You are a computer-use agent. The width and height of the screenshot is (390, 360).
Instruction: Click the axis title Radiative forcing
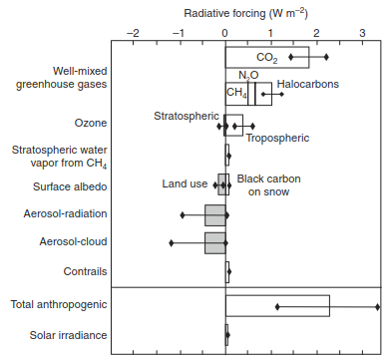point(224,13)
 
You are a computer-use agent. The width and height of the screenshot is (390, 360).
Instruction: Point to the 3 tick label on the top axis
point(362,33)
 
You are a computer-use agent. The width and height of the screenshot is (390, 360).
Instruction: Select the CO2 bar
point(267,58)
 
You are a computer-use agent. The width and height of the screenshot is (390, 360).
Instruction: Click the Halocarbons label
point(308,84)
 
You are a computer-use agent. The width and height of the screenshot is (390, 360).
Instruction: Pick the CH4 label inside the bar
point(236,93)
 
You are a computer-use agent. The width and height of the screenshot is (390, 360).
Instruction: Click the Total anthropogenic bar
point(277,306)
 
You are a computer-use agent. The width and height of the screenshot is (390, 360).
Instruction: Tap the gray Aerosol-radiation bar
point(215,215)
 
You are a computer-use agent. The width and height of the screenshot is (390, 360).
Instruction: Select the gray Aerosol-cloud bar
point(215,243)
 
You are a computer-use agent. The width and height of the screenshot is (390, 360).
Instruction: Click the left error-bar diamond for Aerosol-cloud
point(172,243)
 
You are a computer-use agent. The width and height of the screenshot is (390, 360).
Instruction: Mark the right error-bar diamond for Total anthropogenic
point(378,307)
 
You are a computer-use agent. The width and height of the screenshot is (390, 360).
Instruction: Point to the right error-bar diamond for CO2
point(326,57)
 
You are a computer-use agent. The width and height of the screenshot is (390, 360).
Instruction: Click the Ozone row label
point(91,123)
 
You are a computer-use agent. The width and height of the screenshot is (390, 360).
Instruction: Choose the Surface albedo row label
point(70,186)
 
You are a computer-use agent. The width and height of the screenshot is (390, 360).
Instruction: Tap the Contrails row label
point(86,271)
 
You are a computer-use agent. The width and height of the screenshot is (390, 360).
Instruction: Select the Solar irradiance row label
point(69,335)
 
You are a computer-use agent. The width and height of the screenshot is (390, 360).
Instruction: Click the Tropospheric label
point(277,138)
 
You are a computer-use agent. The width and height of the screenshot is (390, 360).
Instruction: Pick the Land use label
point(185,183)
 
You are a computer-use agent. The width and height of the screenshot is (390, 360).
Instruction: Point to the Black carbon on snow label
point(268,185)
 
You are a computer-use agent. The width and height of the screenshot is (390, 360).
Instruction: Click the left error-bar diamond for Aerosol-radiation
point(183,215)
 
